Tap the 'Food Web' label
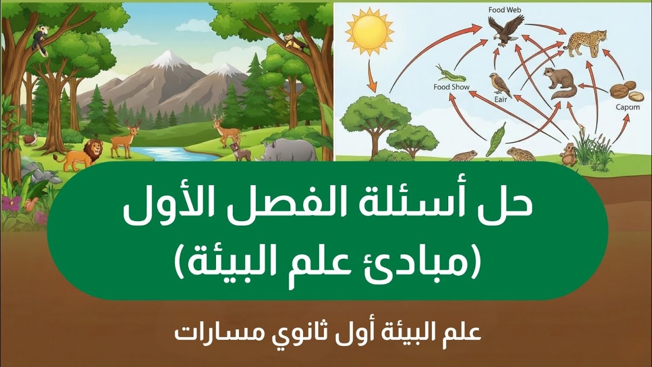point(505,10)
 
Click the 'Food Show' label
point(451,87)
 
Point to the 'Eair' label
point(500,99)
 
